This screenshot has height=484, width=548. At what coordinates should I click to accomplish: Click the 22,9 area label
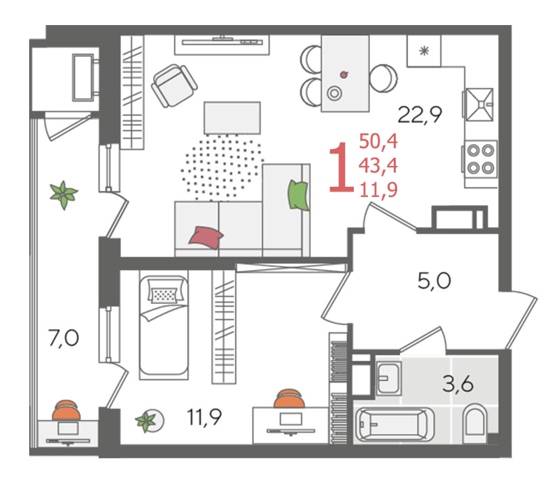[419, 114]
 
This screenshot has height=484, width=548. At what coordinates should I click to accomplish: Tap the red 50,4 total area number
[378, 141]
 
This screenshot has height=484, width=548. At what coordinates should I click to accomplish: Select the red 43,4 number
[378, 165]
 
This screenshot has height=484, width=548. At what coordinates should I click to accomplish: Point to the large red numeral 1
[341, 167]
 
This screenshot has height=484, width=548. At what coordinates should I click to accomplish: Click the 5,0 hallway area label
[434, 280]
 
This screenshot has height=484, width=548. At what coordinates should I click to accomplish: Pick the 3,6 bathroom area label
[458, 383]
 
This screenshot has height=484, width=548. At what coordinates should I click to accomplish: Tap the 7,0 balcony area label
[64, 338]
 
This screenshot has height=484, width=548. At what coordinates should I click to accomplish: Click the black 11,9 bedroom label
[204, 417]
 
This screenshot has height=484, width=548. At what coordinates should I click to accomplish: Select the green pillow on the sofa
[298, 195]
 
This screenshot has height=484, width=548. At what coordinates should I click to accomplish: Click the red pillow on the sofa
[206, 238]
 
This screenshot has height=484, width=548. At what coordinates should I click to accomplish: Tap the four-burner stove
[480, 159]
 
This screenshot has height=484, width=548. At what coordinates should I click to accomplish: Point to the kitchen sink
[479, 104]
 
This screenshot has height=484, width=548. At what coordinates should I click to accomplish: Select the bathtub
[394, 424]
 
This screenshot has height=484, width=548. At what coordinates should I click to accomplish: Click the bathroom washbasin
[388, 378]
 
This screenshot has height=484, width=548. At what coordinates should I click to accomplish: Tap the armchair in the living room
[174, 86]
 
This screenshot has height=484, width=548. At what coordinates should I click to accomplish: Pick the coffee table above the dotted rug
[232, 118]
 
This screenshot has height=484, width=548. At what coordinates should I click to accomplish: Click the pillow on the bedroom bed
[164, 295]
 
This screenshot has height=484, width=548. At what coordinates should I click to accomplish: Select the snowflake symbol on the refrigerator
[424, 51]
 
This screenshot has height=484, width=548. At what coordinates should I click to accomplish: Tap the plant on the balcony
[64, 195]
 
